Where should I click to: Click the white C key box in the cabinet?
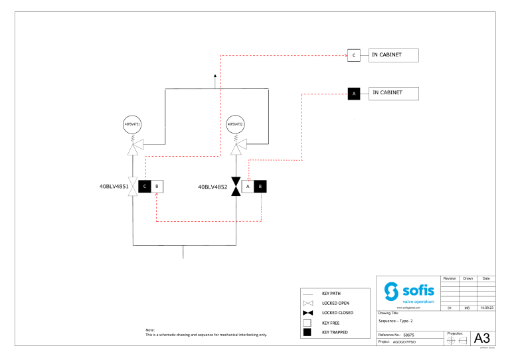coord(354,55)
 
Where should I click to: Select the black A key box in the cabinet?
coord(354,94)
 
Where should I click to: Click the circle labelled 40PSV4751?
coord(133,124)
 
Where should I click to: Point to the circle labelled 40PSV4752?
coord(236,124)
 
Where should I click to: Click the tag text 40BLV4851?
coord(114,187)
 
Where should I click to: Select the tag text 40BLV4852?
coord(212,187)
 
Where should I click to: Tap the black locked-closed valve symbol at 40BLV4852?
coord(236,187)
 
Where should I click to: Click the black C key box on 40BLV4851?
coord(145,187)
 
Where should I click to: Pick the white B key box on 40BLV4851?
coord(157,187)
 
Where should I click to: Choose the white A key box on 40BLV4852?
coord(248,187)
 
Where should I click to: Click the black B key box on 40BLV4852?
coord(260,187)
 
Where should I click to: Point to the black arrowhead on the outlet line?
coord(215,76)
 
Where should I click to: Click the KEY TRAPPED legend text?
coord(335,332)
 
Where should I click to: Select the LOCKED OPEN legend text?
coord(335,302)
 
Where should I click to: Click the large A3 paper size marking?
coord(483,339)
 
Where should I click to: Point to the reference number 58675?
coord(410,335)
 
